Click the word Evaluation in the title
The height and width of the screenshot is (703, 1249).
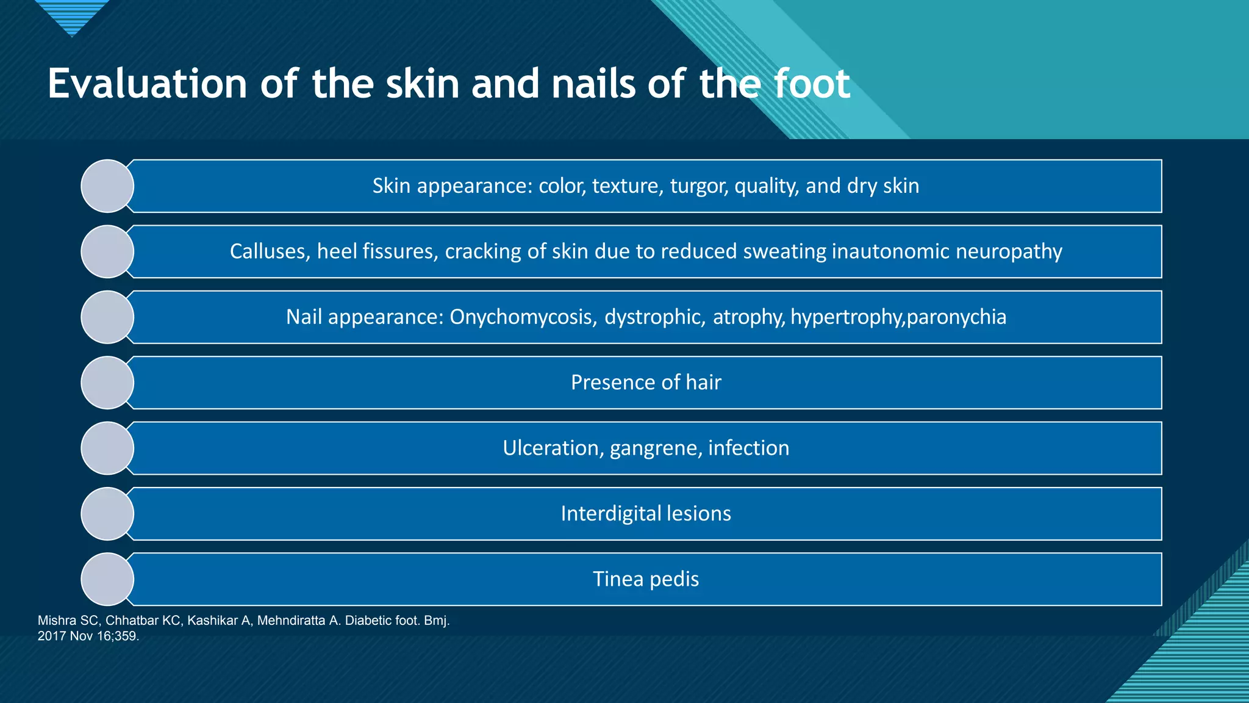tap(147, 84)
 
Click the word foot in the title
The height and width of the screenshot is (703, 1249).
tap(811, 84)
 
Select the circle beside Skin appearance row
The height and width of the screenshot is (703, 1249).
tap(107, 186)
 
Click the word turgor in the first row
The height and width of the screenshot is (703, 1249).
tap(699, 186)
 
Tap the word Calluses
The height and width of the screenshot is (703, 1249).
tap(270, 251)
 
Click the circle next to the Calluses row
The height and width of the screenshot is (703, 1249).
tap(107, 251)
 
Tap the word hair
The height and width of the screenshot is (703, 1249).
tap(703, 383)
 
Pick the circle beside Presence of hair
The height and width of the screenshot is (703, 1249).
tap(107, 383)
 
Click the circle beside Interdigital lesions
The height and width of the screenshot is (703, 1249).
tap(107, 514)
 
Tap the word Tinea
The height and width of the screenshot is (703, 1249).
tap(614, 579)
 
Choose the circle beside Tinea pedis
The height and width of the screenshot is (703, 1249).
tap(107, 579)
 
